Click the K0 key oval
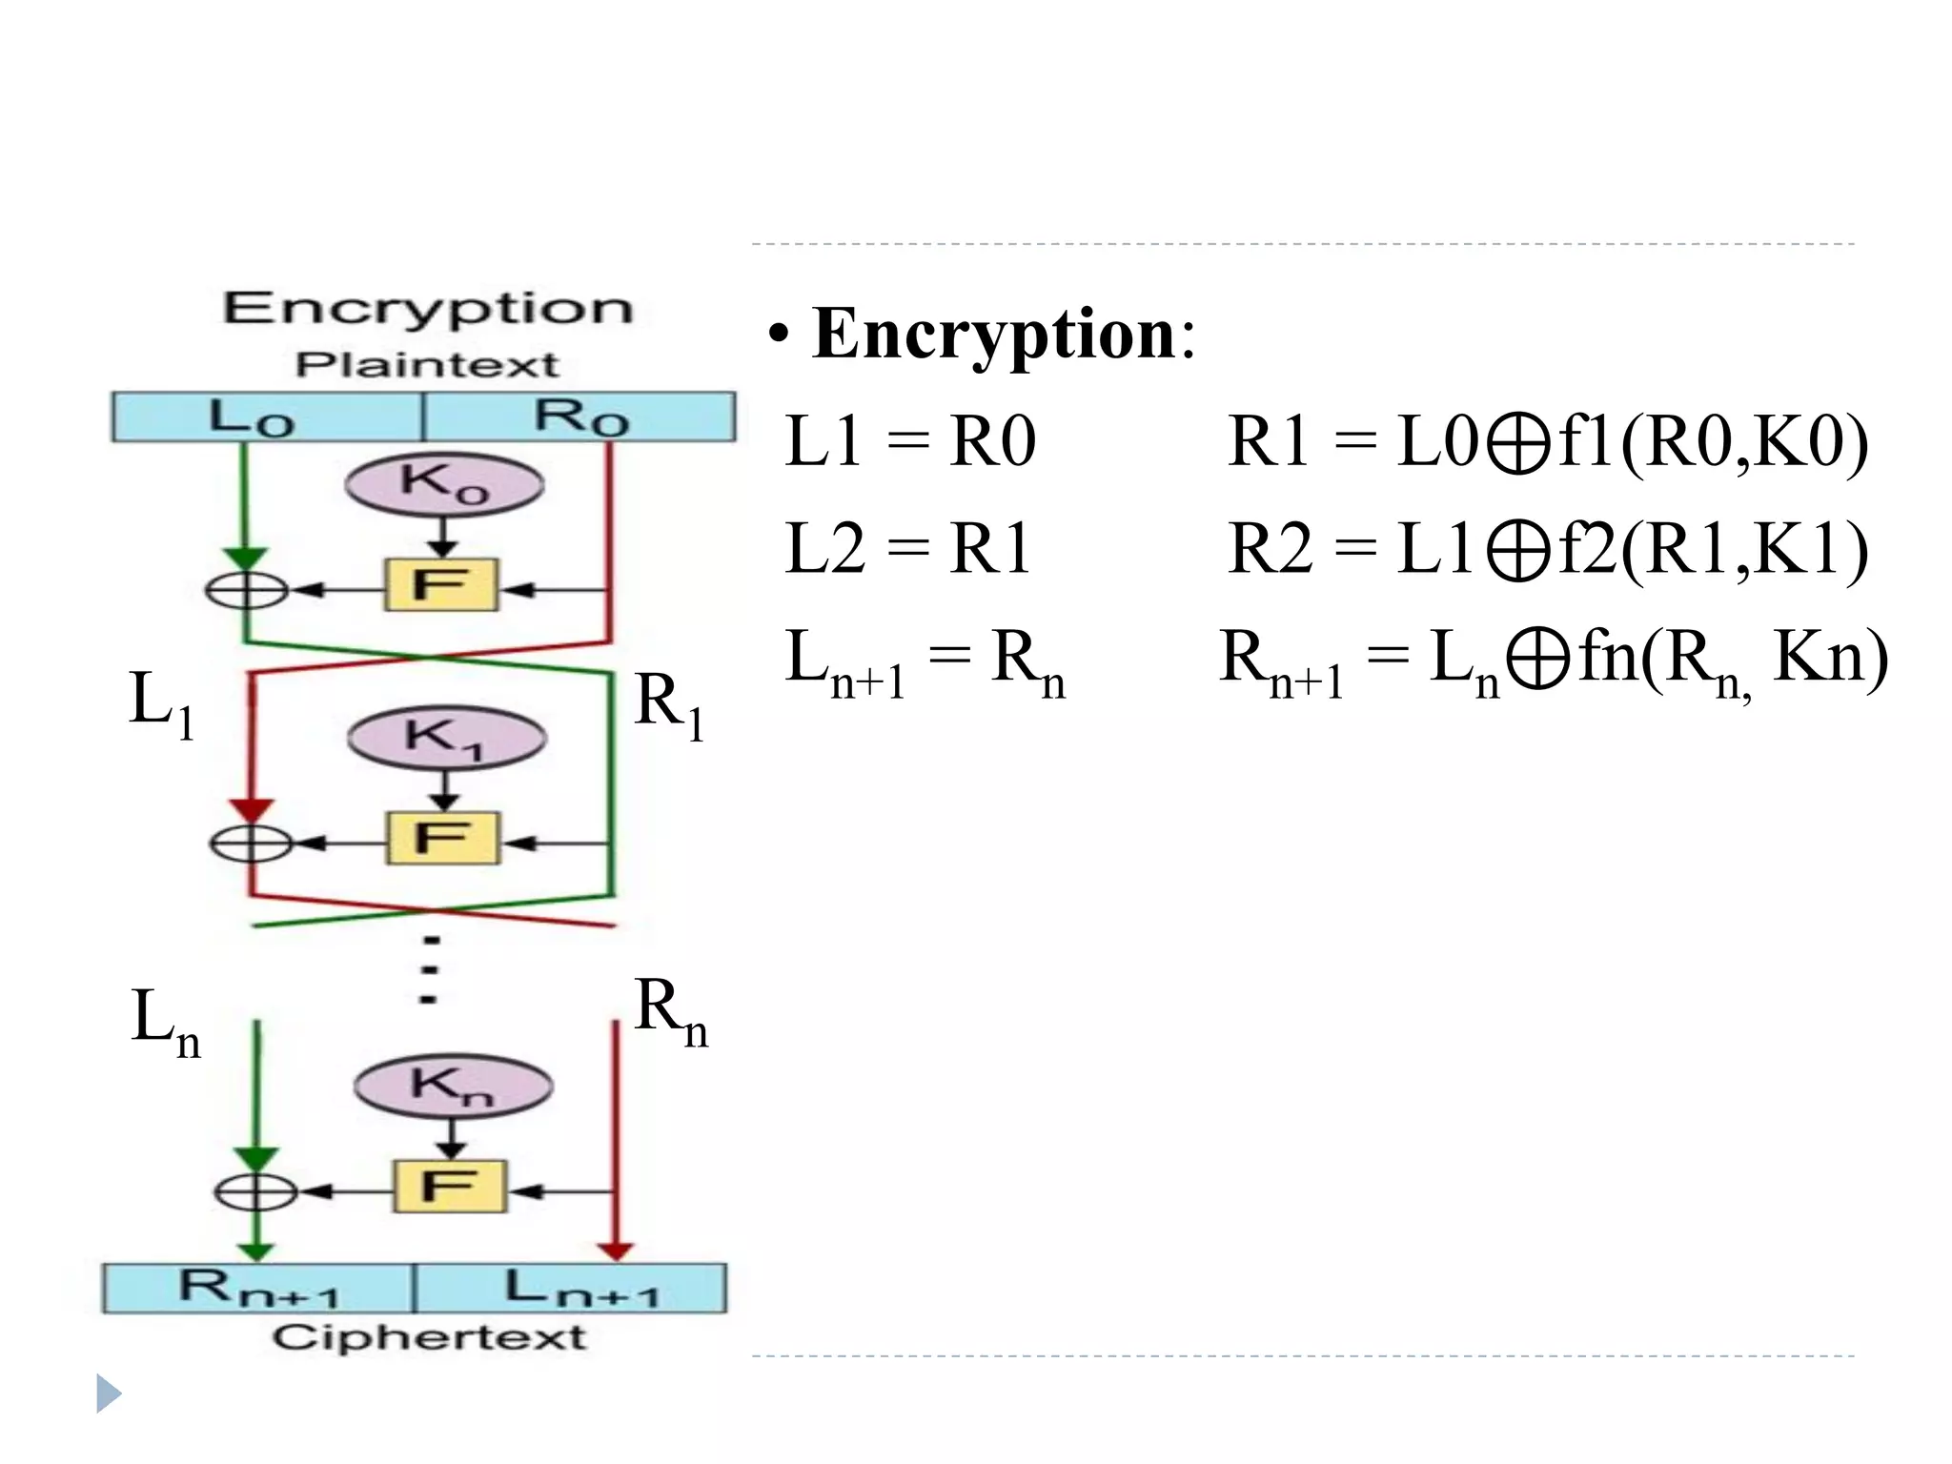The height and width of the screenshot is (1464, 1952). (x=444, y=484)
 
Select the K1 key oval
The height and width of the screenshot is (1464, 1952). (x=447, y=738)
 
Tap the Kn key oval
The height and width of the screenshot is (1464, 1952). (x=453, y=1086)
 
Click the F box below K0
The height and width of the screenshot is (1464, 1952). (x=441, y=584)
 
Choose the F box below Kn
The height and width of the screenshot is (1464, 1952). (x=450, y=1187)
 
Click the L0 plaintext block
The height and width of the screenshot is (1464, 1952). (x=267, y=417)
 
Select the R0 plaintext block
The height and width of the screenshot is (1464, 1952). (x=579, y=417)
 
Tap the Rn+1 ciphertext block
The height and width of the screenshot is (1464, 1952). (x=258, y=1289)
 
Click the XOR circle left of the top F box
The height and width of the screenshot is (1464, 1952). (x=246, y=590)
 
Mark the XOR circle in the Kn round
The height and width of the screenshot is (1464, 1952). (x=255, y=1191)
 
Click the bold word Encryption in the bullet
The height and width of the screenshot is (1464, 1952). (x=994, y=335)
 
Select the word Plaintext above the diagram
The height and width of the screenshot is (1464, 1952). (x=426, y=365)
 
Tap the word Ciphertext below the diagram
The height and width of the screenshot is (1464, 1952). (x=429, y=1337)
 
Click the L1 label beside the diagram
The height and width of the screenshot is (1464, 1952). (x=160, y=703)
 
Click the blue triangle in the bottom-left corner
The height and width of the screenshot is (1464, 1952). (x=108, y=1394)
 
